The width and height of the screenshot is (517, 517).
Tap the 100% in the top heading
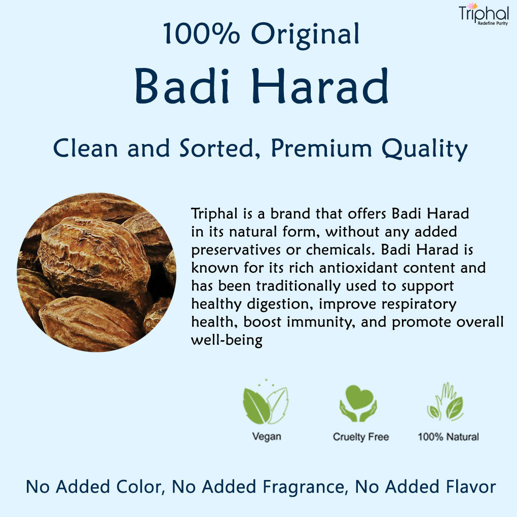pyautogui.click(x=201, y=33)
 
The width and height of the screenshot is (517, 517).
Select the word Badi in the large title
pyautogui.click(x=182, y=86)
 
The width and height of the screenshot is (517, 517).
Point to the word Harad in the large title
pyautogui.click(x=320, y=86)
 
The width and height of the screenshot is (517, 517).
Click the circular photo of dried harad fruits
pyautogui.click(x=97, y=272)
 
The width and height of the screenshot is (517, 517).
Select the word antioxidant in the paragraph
pyautogui.click(x=358, y=268)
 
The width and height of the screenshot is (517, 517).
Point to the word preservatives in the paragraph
pyautogui.click(x=236, y=250)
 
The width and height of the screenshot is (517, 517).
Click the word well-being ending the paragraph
pyautogui.click(x=227, y=340)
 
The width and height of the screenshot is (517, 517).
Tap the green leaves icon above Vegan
pyautogui.click(x=266, y=402)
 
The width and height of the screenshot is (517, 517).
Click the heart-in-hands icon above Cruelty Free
pyautogui.click(x=358, y=403)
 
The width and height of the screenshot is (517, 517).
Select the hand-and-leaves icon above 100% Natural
pyautogui.click(x=446, y=401)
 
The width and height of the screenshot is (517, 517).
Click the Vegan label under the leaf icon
pyautogui.click(x=267, y=436)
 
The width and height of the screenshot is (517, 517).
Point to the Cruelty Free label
pyautogui.click(x=361, y=437)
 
